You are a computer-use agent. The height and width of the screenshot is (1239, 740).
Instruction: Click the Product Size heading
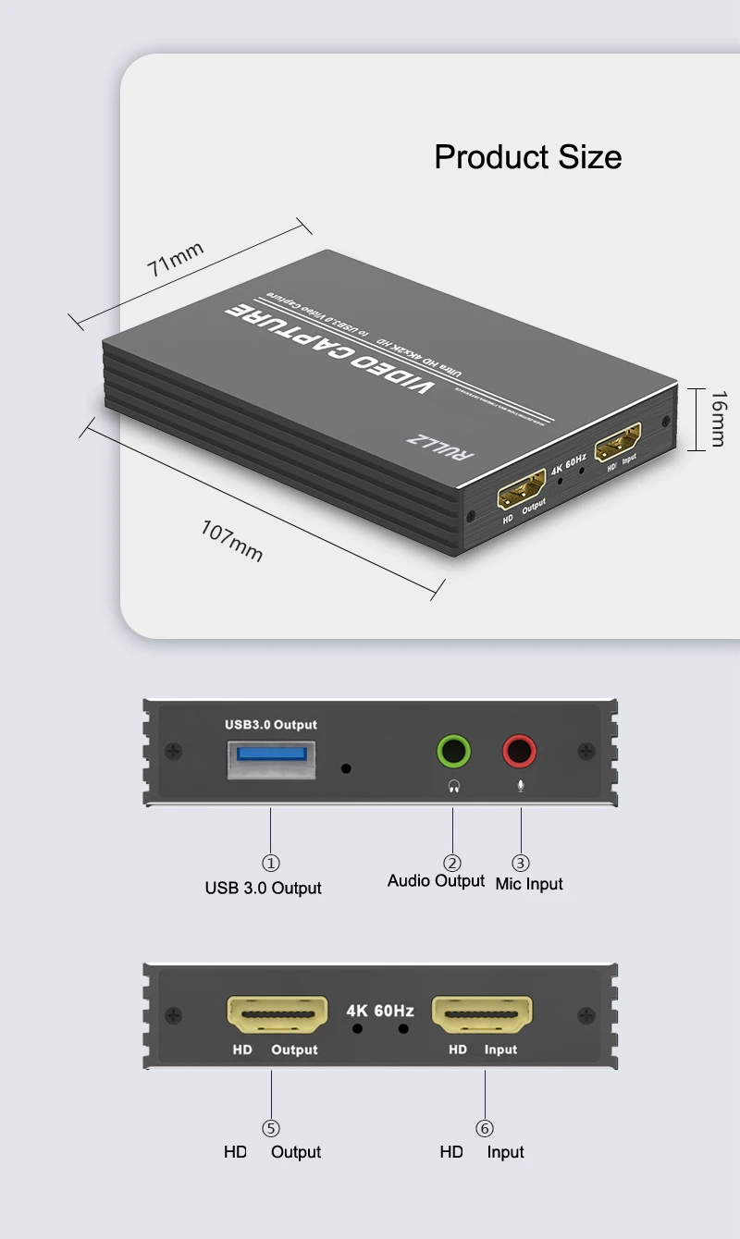click(527, 157)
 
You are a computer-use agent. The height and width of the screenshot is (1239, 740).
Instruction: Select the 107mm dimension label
click(232, 541)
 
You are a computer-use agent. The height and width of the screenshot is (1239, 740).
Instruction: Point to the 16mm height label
click(717, 419)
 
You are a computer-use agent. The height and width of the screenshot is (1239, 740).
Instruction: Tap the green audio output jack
click(453, 750)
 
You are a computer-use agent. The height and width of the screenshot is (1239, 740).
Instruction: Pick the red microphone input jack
click(520, 750)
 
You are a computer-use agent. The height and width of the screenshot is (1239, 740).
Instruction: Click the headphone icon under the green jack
click(453, 787)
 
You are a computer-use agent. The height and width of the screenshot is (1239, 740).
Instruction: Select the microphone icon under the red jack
click(520, 787)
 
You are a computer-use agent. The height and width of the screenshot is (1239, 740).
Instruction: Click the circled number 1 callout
click(271, 863)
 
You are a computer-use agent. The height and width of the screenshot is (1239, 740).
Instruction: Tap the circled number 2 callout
click(452, 863)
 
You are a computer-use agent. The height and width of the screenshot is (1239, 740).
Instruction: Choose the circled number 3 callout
click(521, 863)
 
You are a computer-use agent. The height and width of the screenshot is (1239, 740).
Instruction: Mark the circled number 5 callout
click(271, 1128)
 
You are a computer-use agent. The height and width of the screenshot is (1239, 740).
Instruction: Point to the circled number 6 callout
click(485, 1128)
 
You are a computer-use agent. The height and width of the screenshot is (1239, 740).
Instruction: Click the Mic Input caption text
click(529, 884)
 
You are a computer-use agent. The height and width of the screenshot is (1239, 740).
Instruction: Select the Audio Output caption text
click(436, 881)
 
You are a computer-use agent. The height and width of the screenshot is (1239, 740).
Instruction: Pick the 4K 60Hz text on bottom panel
click(380, 1011)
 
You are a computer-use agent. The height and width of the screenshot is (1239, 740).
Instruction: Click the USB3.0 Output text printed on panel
click(271, 725)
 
